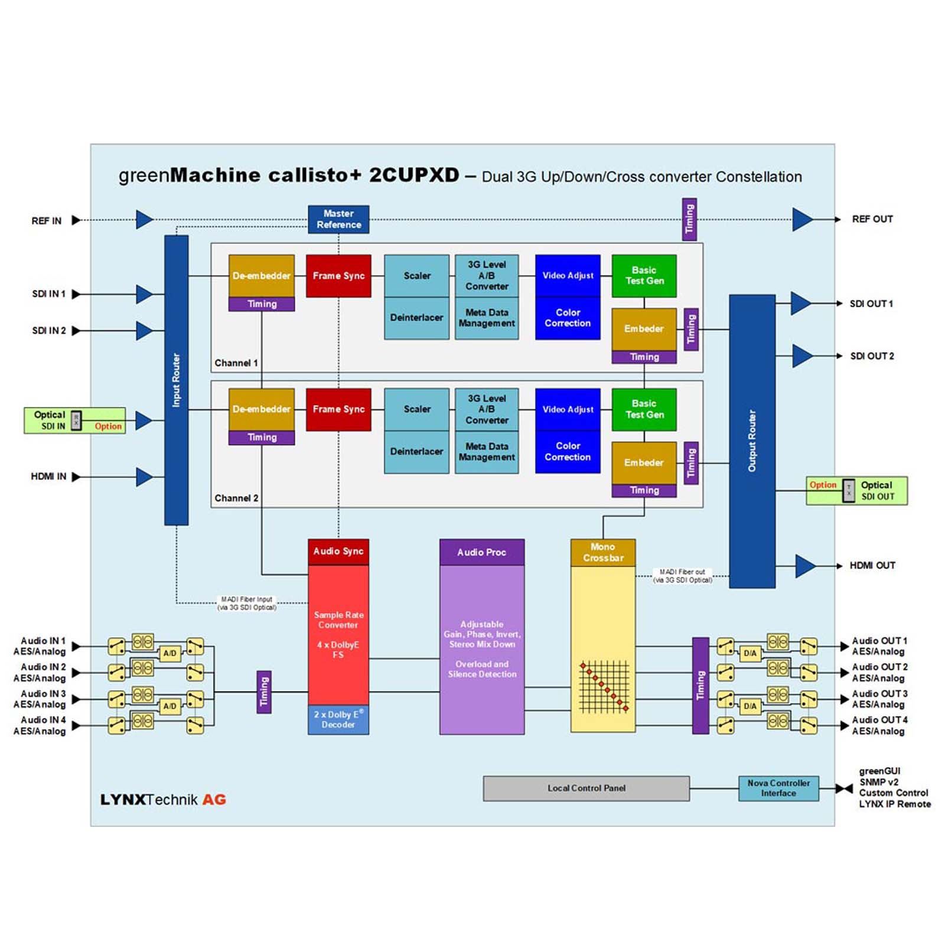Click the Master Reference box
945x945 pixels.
point(338,219)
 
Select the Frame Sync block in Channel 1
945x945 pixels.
point(338,276)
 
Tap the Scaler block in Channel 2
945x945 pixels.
point(416,409)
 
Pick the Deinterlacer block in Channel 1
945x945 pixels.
point(416,318)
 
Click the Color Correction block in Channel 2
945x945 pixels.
point(568,452)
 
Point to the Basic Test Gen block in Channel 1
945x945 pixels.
point(644,276)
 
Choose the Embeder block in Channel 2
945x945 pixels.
point(644,462)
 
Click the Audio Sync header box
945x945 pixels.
point(338,552)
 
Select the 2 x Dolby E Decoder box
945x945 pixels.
point(338,719)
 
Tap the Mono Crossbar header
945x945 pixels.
point(603,552)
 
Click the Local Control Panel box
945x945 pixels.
point(586,788)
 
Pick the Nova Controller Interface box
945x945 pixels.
point(778,788)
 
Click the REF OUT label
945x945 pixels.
point(872,219)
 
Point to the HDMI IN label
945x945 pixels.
point(48,477)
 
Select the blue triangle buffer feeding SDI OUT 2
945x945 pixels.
point(801,356)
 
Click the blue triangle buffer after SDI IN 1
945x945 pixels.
point(144,294)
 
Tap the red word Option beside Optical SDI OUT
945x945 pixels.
point(823,485)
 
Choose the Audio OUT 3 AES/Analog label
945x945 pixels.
point(879,699)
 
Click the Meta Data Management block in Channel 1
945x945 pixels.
point(487,318)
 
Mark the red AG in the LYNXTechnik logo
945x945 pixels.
point(214,800)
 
